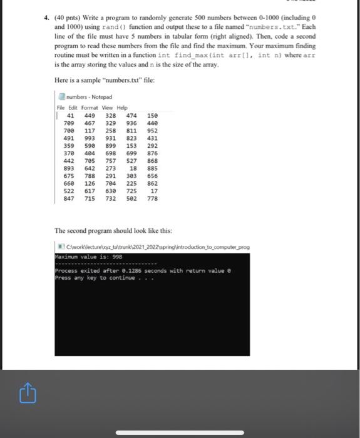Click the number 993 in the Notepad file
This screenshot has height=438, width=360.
click(x=90, y=138)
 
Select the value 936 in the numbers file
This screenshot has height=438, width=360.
click(x=131, y=123)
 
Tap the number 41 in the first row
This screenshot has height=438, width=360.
click(x=71, y=116)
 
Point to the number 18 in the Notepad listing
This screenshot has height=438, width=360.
click(x=133, y=168)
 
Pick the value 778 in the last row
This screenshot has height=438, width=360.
click(x=152, y=198)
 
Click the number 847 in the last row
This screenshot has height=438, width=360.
click(x=69, y=198)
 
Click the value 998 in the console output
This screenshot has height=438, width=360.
click(x=118, y=255)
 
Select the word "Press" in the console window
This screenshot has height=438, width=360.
click(x=64, y=277)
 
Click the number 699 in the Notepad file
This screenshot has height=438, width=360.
click(x=131, y=153)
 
